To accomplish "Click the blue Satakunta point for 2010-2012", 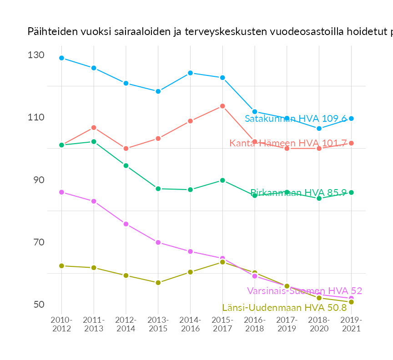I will tap(61, 58).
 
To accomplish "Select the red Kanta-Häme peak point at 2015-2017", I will tap(222, 106).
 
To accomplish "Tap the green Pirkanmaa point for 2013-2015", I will tap(158, 189).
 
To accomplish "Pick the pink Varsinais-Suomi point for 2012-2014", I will tap(126, 224).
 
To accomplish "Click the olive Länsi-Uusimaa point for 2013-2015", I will tap(158, 283).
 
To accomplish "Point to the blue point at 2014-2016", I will tap(190, 73).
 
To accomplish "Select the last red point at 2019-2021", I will tap(351, 143).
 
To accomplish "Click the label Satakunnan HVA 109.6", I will tap(296, 119).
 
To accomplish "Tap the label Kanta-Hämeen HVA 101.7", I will tap(288, 143).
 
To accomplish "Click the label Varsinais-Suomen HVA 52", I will tap(304, 291).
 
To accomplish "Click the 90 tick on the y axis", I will tap(39, 180).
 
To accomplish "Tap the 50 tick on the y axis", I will tap(39, 304).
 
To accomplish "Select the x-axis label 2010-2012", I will tap(61, 325).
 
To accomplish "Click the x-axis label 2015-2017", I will tap(222, 325).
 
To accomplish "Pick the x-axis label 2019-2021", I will tap(351, 325).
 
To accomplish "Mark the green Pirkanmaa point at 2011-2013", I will tap(94, 141).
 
